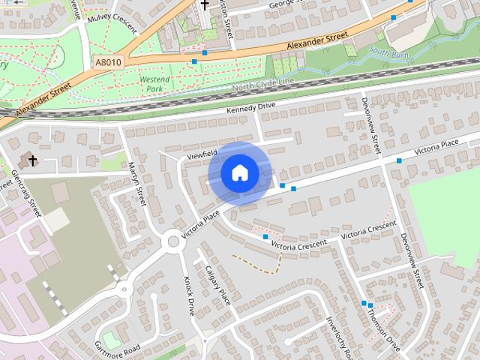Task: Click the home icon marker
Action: (x=239, y=173)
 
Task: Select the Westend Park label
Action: (x=154, y=82)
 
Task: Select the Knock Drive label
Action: (x=189, y=294)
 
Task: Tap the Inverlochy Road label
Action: (x=334, y=337)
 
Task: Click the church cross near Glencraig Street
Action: (x=31, y=159)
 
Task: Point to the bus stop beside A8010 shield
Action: (x=194, y=61)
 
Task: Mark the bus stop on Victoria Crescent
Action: (x=265, y=237)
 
